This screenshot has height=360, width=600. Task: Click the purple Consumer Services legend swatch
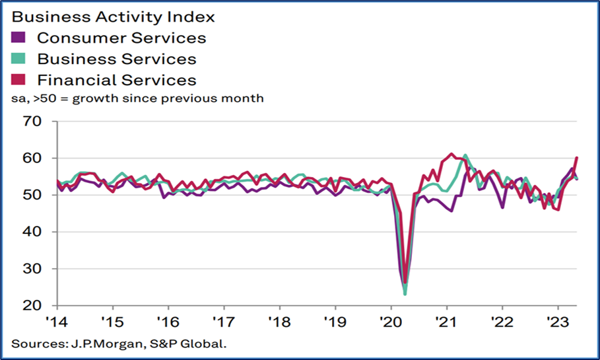pyautogui.click(x=19, y=38)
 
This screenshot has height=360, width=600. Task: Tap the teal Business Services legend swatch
pyautogui.click(x=19, y=59)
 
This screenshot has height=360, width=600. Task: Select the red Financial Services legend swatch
pyautogui.click(x=19, y=80)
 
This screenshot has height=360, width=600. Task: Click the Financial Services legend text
pyautogui.click(x=117, y=80)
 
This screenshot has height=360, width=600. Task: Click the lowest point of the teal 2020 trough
pyautogui.click(x=405, y=294)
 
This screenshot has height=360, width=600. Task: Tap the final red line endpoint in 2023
pyautogui.click(x=578, y=158)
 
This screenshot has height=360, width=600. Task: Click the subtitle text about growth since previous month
pyautogui.click(x=137, y=99)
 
